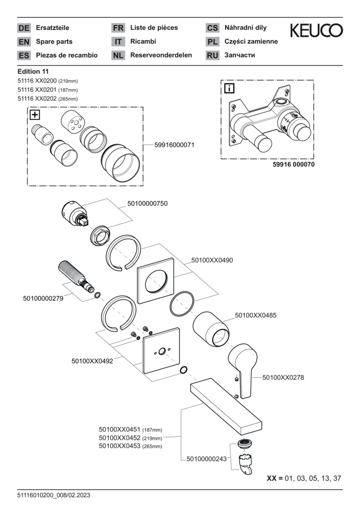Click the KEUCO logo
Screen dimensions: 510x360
click(x=316, y=31)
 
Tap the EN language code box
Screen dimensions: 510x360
click(x=24, y=42)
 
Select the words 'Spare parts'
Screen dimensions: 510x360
click(x=53, y=42)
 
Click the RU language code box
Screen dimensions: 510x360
click(x=212, y=55)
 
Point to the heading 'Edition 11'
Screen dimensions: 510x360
click(x=36, y=71)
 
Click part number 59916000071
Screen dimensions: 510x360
click(x=174, y=145)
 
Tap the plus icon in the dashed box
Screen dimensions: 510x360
click(x=35, y=115)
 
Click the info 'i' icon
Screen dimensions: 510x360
click(x=229, y=88)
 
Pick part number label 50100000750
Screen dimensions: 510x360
click(x=147, y=204)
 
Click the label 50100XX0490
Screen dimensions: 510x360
click(x=212, y=260)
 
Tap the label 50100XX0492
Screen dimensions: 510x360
click(x=92, y=361)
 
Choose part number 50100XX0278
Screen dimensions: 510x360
click(x=283, y=377)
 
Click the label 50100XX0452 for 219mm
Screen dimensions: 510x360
click(x=120, y=438)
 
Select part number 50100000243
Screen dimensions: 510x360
click(x=207, y=459)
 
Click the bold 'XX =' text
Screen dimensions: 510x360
click(x=274, y=478)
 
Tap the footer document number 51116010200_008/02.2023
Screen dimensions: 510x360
click(x=53, y=495)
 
